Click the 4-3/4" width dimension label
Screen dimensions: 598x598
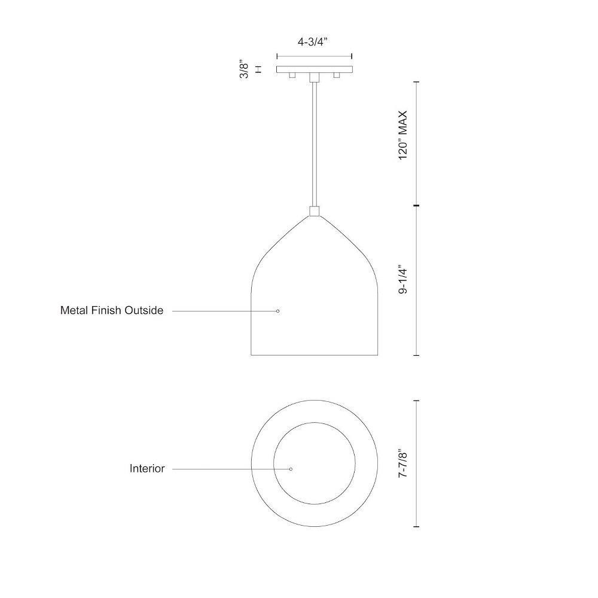[312, 42]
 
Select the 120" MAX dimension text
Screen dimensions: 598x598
[402, 135]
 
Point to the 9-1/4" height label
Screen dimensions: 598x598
[402, 279]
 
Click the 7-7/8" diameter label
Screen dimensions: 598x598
[402, 463]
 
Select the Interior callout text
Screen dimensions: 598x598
[147, 468]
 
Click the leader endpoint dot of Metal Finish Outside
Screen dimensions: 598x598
[277, 311]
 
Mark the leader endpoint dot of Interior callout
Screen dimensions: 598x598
[291, 469]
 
